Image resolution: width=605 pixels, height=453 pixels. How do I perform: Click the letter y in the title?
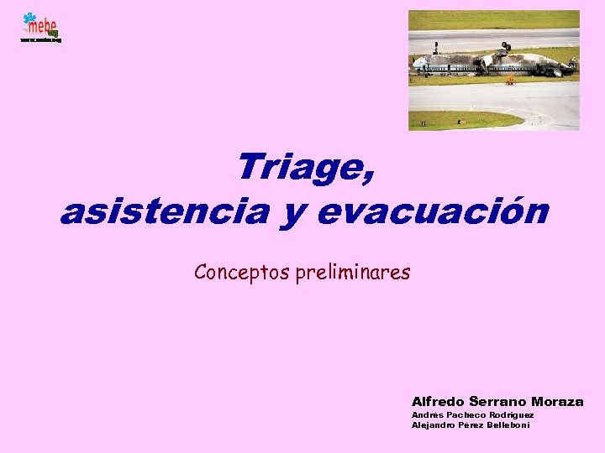(x=291, y=214)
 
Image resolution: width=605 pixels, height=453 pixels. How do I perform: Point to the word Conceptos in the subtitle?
(x=242, y=272)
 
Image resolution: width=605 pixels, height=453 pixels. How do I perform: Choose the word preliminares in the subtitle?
(x=352, y=273)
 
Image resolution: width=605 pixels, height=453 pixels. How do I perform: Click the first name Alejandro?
(x=430, y=424)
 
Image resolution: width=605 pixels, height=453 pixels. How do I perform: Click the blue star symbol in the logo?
(x=30, y=18)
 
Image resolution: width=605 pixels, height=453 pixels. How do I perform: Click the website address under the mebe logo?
(x=41, y=39)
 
